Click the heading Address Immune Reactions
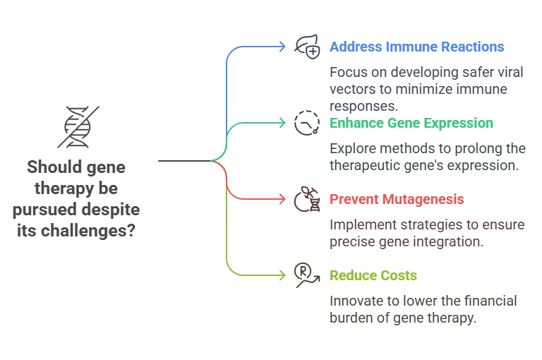pos(416,47)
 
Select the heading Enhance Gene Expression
pos(411,123)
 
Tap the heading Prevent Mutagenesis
pos(397,199)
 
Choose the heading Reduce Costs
pos(373,275)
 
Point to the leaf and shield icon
pos(307,47)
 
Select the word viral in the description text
pos(480,73)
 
